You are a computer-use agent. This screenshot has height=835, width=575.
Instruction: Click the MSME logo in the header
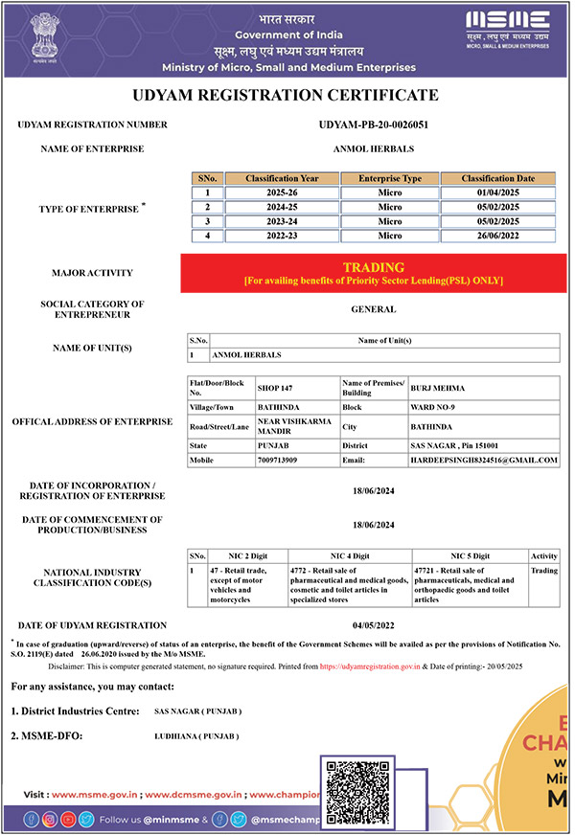[508, 28]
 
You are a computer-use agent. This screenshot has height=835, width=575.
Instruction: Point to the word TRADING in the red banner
[373, 267]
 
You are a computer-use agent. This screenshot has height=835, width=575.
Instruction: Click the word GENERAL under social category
[373, 309]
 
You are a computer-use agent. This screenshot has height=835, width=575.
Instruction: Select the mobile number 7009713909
[277, 461]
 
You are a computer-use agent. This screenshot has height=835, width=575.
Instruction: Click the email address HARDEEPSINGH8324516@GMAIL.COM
[483, 461]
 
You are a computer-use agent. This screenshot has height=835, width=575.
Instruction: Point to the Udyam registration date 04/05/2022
[373, 626]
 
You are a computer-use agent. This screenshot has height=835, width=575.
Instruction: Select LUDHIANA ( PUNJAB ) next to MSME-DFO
[195, 736]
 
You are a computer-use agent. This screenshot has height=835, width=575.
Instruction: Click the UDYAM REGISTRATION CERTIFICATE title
[287, 96]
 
